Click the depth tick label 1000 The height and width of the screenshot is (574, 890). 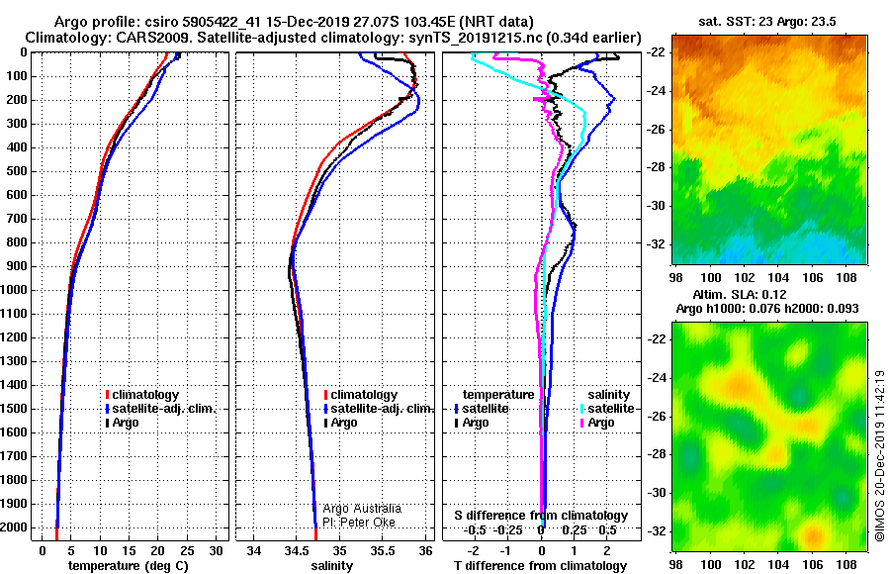tap(14, 290)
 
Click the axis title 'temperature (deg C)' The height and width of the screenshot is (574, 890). tap(129, 566)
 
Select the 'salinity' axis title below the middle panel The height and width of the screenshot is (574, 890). tap(332, 566)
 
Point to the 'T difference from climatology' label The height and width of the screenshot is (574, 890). tap(540, 566)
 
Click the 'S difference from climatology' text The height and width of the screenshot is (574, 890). tap(541, 516)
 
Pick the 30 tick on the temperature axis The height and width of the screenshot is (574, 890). tap(217, 550)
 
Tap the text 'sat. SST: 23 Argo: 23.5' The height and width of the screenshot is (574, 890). tap(766, 22)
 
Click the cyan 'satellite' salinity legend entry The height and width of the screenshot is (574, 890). tap(608, 409)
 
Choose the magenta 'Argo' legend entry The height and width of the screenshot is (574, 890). tap(597, 423)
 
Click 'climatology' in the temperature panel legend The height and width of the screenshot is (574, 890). tap(142, 395)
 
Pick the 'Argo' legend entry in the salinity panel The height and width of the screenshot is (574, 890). tap(341, 423)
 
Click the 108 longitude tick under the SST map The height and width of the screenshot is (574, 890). tap(846, 277)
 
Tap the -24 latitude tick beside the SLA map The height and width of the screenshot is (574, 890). tap(657, 377)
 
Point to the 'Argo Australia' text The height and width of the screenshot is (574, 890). tap(362, 509)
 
